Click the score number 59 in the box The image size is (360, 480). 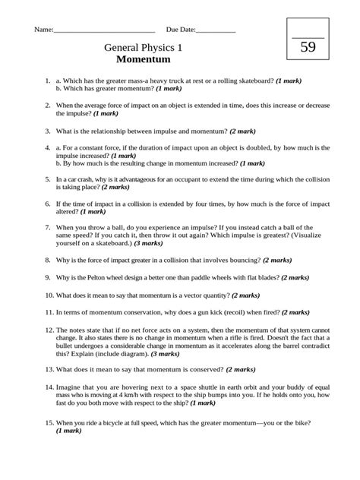[308, 47]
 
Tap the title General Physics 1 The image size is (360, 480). [148, 46]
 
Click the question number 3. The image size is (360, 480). [47, 131]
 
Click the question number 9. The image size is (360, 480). [47, 278]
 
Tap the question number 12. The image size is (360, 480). [49, 330]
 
